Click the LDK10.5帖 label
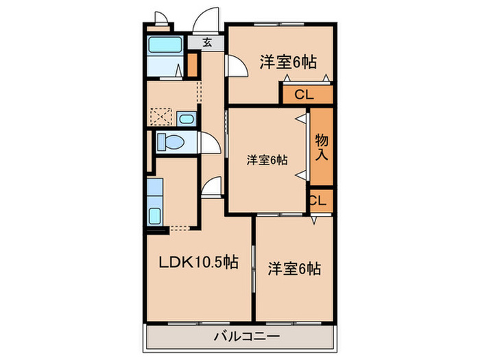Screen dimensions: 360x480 pyautogui.click(x=199, y=262)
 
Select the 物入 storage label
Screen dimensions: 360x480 pyautogui.click(x=322, y=147)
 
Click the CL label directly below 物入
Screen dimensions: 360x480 pyautogui.click(x=318, y=200)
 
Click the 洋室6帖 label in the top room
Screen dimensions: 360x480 pyautogui.click(x=288, y=62)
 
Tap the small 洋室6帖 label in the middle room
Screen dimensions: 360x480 pyautogui.click(x=267, y=160)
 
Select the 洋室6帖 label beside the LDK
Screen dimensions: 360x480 pyautogui.click(x=294, y=268)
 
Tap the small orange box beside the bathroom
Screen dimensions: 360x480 pyautogui.click(x=193, y=64)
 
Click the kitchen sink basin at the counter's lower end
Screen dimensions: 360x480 pyautogui.click(x=155, y=215)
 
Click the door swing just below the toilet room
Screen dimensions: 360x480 pyautogui.click(x=212, y=187)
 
